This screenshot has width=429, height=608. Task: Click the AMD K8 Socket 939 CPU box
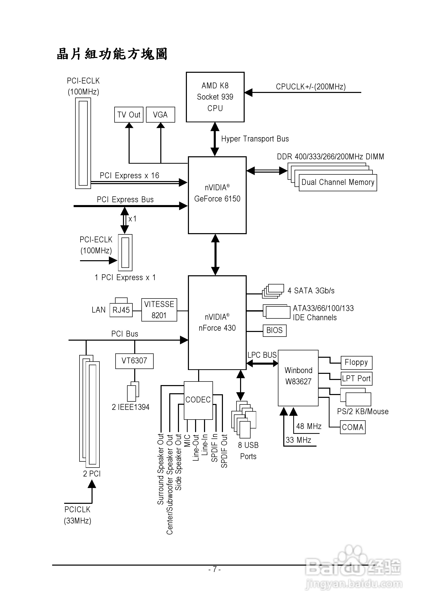pos(215,97)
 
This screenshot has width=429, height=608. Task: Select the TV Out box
pos(129,115)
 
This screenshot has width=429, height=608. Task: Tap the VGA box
pos(160,115)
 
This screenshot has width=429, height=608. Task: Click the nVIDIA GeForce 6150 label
pos(217,193)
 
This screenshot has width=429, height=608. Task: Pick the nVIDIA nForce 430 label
pos(217,323)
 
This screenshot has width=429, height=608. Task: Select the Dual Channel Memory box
pos(337,183)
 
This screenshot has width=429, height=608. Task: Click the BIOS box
pos(274,330)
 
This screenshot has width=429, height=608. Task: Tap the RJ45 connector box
pos(121,310)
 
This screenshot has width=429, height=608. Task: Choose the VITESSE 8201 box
pos(159,310)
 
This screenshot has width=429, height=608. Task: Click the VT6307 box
pos(134,361)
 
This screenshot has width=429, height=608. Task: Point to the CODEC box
pos(198,400)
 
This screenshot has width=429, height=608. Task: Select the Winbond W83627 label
pos(298,376)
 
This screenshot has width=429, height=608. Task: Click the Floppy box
pos(356,363)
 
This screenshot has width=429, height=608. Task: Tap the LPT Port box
pos(356,379)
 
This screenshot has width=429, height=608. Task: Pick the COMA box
pos(353,427)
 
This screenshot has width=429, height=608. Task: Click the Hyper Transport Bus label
pos(255,139)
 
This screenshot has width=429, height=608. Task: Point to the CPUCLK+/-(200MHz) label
pos(311,87)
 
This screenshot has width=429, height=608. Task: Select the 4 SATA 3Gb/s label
pos(311,291)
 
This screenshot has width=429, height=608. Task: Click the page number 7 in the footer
pos(215,569)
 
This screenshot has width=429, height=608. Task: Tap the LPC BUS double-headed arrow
pos(262,364)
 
